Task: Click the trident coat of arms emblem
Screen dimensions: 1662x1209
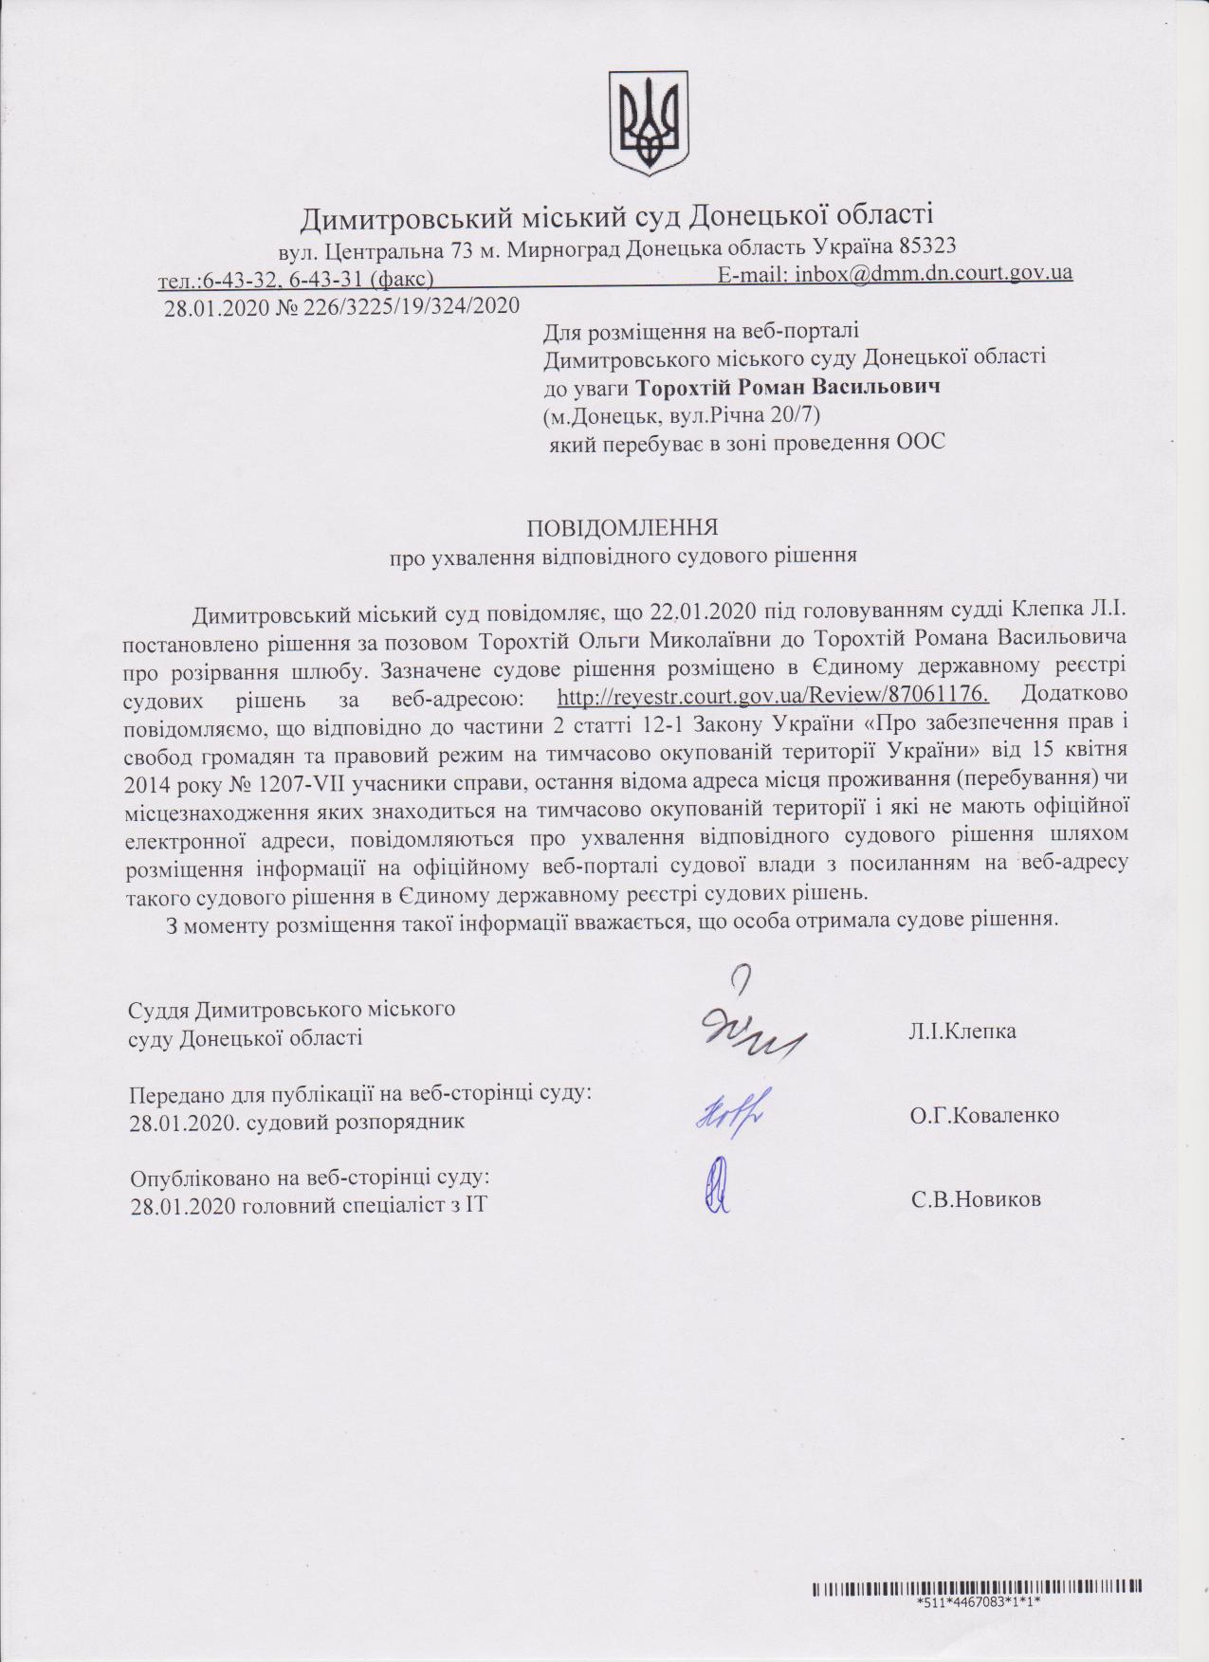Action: [648, 121]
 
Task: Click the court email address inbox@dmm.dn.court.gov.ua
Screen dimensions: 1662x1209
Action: [933, 274]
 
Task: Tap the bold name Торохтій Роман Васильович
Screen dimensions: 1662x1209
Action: [787, 387]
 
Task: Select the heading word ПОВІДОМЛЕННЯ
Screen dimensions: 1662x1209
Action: [622, 527]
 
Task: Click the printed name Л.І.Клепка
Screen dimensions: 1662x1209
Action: [962, 1032]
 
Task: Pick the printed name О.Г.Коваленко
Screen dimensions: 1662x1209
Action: [984, 1116]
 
